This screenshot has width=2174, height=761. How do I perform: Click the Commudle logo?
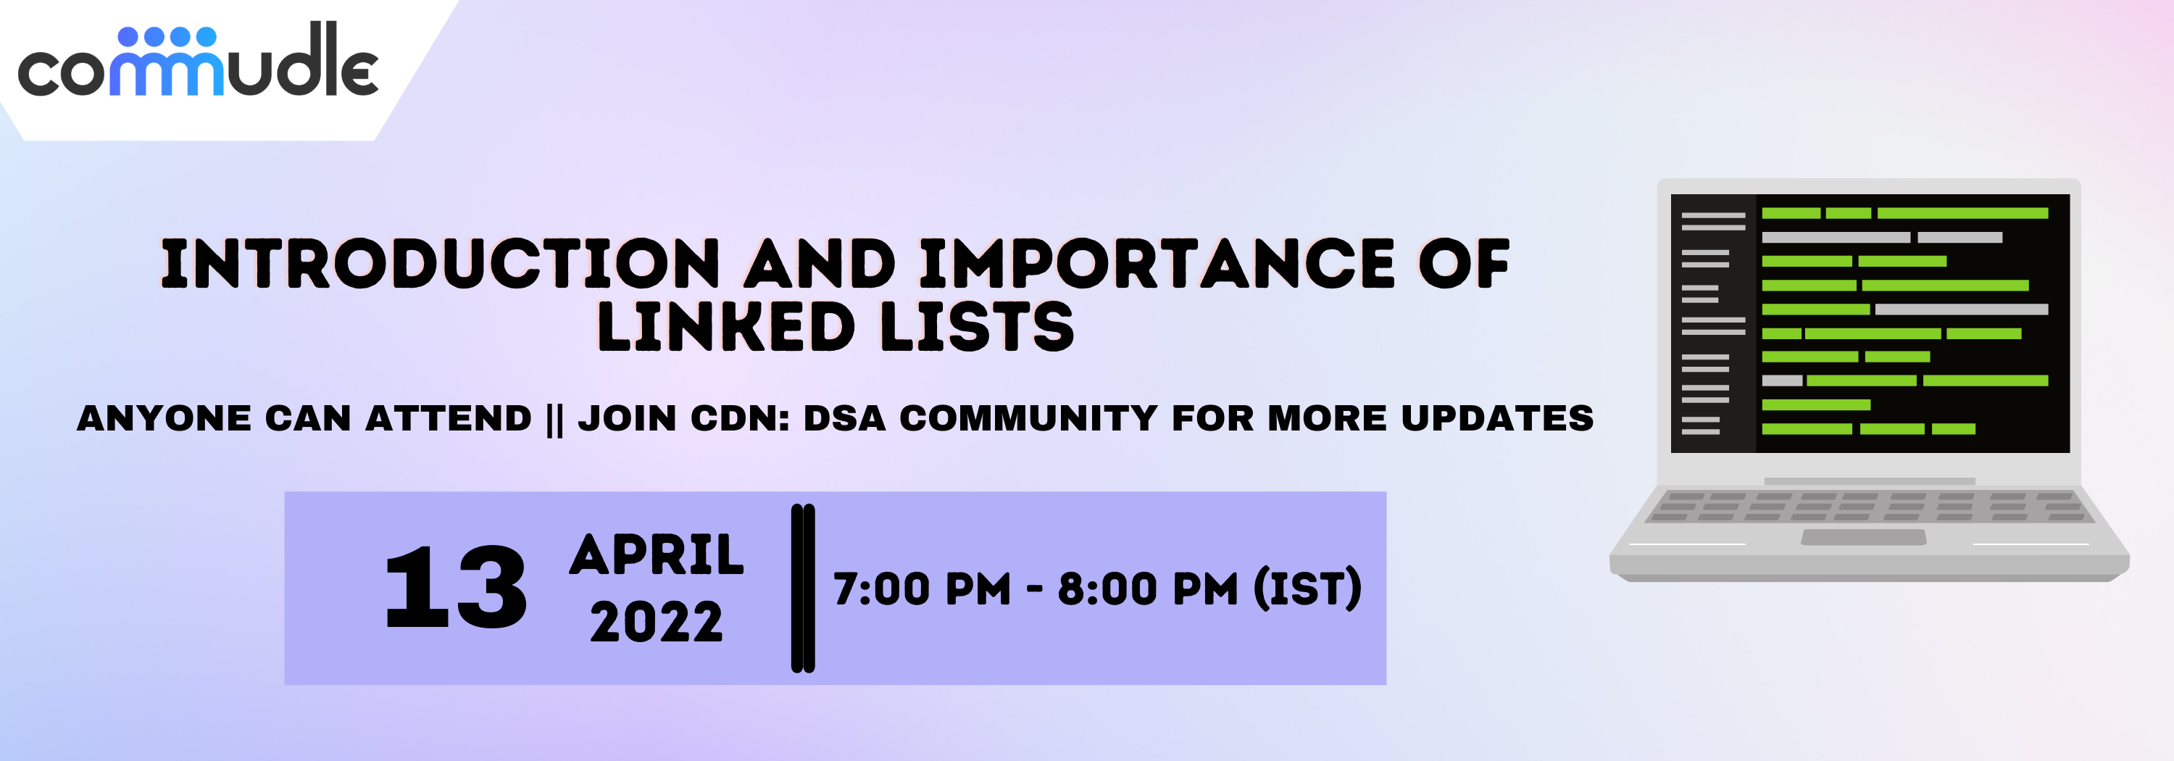[199, 59]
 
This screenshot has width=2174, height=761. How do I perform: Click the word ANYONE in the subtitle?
[164, 418]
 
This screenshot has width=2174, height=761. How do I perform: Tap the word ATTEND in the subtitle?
[448, 418]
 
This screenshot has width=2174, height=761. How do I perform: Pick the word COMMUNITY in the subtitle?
[1028, 418]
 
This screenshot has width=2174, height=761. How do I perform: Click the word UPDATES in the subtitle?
[1497, 418]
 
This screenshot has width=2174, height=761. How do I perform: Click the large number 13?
[456, 587]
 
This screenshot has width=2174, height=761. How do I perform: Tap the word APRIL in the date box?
[657, 555]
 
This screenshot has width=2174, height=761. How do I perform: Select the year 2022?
[657, 623]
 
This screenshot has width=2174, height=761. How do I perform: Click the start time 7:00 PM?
[922, 589]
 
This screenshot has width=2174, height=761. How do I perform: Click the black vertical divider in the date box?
[803, 588]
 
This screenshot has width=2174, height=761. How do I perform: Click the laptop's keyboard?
[1870, 506]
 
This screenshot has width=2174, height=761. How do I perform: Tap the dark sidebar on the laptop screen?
[1713, 323]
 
